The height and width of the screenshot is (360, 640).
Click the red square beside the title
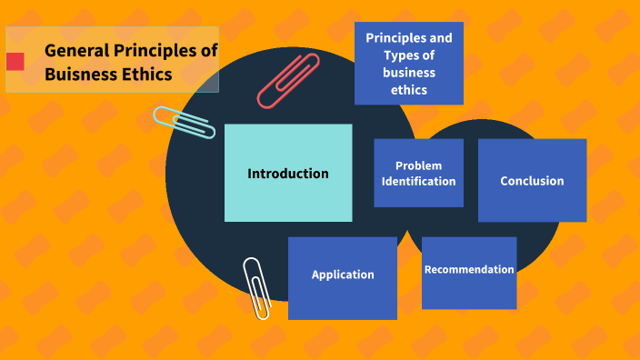click(x=15, y=62)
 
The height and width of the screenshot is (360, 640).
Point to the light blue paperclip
click(x=184, y=122)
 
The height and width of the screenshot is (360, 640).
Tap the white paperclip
click(x=257, y=287)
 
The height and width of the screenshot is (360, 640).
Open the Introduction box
click(x=288, y=173)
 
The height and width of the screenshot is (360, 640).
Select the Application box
click(x=343, y=275)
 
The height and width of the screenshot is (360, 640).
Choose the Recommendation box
click(x=469, y=270)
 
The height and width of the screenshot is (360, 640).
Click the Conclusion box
click(x=532, y=180)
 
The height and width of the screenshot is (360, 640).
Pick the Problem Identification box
click(x=418, y=173)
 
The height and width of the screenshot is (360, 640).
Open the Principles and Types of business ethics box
click(x=409, y=64)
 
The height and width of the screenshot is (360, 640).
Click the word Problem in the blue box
click(x=418, y=165)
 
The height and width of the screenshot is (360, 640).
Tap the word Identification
click(x=418, y=181)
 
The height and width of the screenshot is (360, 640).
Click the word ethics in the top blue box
click(x=409, y=90)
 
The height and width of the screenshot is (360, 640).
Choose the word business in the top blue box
click(x=409, y=73)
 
